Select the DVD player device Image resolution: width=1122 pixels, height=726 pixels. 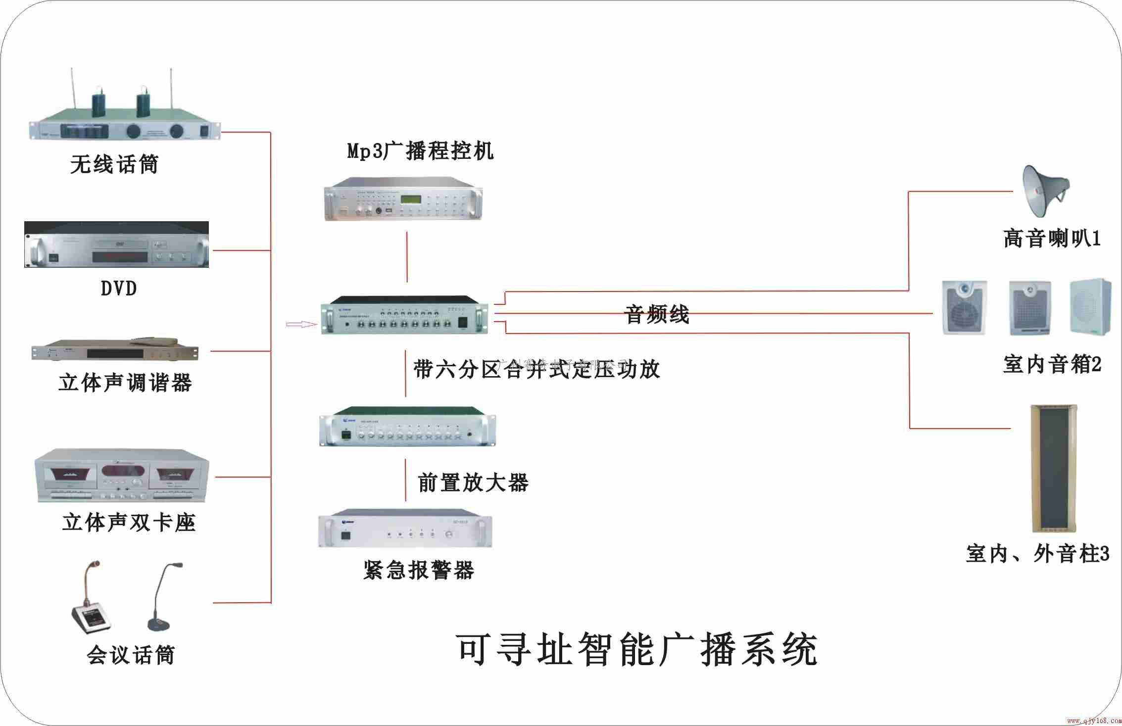[x=117, y=245]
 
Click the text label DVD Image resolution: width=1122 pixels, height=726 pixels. [x=118, y=289]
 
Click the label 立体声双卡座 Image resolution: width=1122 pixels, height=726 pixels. [x=129, y=523]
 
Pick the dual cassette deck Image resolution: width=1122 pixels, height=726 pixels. [x=122, y=476]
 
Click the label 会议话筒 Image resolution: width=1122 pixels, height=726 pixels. [x=131, y=655]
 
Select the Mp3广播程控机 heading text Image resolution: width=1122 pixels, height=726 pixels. [x=420, y=151]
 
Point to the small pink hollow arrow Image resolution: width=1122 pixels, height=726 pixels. [x=301, y=325]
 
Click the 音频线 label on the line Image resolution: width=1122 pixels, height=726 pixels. [x=657, y=315]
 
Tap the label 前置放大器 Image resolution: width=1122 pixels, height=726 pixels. [x=473, y=483]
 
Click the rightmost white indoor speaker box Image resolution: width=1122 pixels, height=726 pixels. [x=1090, y=306]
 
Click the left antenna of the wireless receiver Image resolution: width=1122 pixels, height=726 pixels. [x=72, y=94]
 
